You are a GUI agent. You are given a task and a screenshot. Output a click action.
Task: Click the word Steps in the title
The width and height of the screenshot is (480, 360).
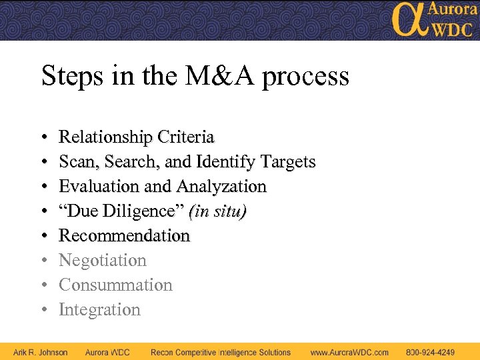(x=71, y=76)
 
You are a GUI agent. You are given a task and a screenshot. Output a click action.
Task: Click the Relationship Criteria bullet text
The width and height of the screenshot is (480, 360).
(x=137, y=137)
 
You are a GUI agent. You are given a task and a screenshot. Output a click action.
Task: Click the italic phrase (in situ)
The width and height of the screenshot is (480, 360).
(x=218, y=211)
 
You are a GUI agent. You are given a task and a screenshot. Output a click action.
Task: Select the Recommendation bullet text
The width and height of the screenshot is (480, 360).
(x=125, y=236)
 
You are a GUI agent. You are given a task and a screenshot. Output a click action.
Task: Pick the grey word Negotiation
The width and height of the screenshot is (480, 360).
(x=103, y=261)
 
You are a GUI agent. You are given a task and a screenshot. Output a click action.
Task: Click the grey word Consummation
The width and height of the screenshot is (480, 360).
(x=115, y=285)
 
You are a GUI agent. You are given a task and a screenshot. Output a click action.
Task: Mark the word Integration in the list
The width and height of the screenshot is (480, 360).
(x=100, y=310)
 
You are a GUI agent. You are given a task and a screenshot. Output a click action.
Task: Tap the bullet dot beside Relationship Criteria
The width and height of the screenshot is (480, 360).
(x=43, y=138)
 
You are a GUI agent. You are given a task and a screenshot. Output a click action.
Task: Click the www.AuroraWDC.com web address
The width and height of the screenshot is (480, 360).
(x=349, y=352)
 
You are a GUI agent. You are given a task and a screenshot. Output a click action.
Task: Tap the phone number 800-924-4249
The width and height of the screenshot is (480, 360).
(x=431, y=352)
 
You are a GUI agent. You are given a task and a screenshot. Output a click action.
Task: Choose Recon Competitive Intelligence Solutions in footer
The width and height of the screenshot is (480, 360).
(x=221, y=352)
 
